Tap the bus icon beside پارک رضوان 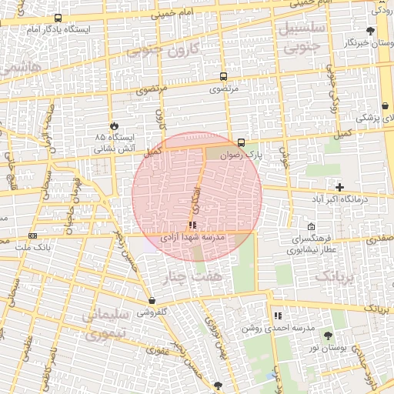(242, 142)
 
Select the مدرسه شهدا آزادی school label (191, 238)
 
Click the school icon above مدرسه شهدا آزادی (192, 225)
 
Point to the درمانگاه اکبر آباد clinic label (339, 199)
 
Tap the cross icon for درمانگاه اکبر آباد (339, 187)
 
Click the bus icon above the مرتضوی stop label (223, 77)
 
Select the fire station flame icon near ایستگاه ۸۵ (114, 125)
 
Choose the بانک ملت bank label (32, 247)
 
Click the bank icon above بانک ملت (32, 235)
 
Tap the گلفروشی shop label (152, 312)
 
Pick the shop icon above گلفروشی (152, 301)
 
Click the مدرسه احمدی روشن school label (277, 328)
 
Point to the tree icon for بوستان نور (329, 336)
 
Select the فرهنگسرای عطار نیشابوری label (311, 244)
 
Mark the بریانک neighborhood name (337, 275)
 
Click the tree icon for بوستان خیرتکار (371, 31)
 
